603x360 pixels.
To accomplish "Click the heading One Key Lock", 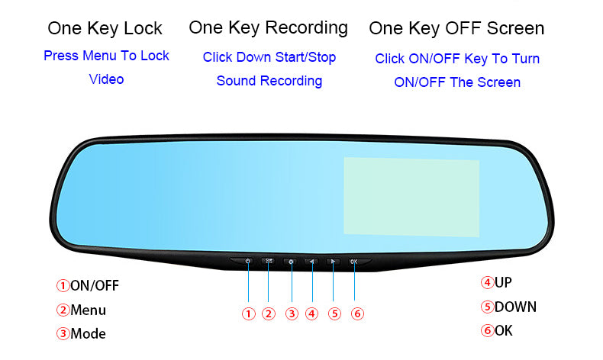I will [105, 29].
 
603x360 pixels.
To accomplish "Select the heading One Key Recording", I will [268, 28].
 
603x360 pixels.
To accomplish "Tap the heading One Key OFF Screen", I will [456, 29].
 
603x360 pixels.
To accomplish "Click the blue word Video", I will [106, 79].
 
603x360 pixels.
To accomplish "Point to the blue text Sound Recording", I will [269, 81].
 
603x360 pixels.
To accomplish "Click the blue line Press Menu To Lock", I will [106, 56].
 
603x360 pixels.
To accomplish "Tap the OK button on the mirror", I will [354, 262].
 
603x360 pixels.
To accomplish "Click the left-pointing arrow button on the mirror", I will [311, 262].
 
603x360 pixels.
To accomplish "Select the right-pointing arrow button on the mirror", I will [333, 262].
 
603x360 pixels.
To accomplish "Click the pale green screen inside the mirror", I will [411, 196].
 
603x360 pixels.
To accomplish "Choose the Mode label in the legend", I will [88, 334].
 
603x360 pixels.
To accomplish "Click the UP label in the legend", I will [503, 282].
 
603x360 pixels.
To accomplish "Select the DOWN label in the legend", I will [515, 307].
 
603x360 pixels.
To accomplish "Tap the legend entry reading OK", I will [504, 331].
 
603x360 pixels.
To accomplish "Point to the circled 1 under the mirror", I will [248, 313].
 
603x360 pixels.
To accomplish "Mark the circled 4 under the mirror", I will [311, 313].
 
